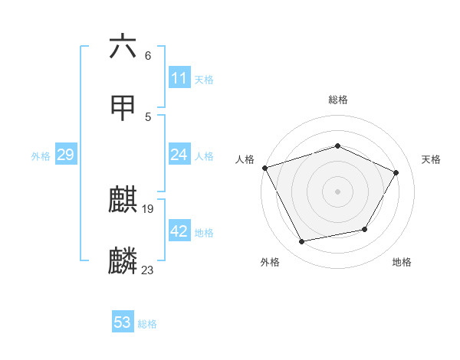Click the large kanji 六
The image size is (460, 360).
tap(123, 47)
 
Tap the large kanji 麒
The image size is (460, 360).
tap(123, 200)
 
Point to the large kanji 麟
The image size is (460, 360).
tap(123, 261)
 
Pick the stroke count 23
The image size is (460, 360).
tap(148, 270)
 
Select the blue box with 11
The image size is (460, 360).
tap(179, 78)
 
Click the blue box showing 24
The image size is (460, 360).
tap(179, 155)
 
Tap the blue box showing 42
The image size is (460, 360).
tap(179, 231)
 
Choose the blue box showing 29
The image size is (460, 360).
tap(65, 155)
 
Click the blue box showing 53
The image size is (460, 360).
tap(123, 322)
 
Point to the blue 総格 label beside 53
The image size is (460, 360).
tap(147, 324)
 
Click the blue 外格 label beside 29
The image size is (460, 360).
tap(41, 156)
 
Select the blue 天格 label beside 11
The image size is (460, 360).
tap(204, 80)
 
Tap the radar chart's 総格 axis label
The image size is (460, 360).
tap(338, 100)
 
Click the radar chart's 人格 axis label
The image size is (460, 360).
tap(245, 159)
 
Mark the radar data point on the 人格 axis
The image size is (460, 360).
tap(264, 168)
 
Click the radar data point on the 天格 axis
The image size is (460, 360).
tap(396, 172)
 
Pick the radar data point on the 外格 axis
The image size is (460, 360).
tap(302, 242)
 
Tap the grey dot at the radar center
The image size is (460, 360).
tap(338, 191)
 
